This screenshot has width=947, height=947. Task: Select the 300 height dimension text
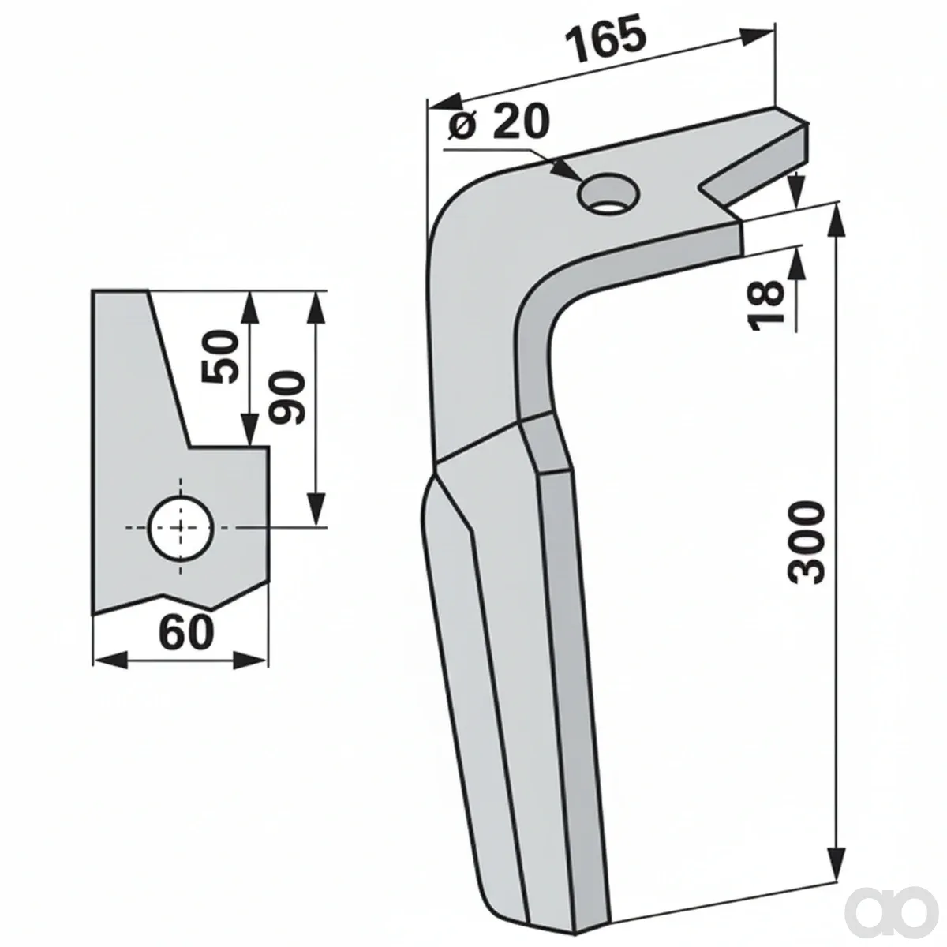pyautogui.click(x=806, y=542)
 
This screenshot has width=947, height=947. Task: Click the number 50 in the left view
pyautogui.click(x=219, y=357)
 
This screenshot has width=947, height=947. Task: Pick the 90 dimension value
pyautogui.click(x=287, y=398)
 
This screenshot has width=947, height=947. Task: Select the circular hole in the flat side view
pyautogui.click(x=181, y=528)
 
